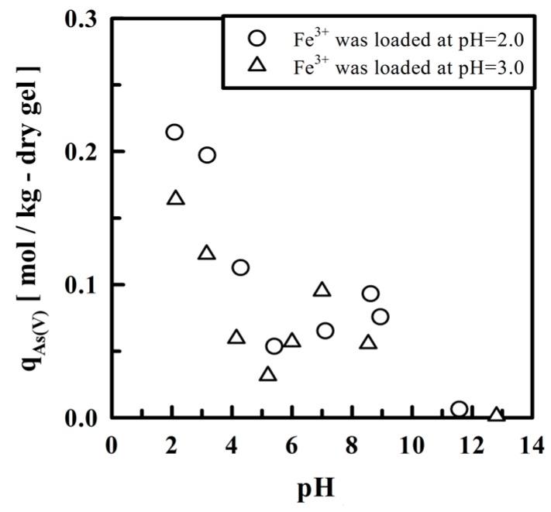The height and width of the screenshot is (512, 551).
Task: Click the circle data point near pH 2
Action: coord(174,132)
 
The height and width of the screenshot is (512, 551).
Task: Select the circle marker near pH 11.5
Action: coord(459,409)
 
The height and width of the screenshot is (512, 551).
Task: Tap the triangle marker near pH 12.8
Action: coord(497,414)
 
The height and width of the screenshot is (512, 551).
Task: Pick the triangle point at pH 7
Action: coord(322,290)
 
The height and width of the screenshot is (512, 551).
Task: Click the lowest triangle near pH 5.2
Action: coord(268,374)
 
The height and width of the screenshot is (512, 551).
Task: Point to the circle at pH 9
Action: coord(380,317)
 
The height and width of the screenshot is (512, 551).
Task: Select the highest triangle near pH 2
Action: coord(176,198)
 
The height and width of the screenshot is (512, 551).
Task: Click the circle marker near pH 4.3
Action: coord(240,267)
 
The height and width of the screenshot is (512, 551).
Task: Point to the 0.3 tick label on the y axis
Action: coord(81,19)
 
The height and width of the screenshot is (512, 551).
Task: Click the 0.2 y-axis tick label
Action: coord(81,152)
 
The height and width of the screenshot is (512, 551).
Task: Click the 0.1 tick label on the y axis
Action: coord(81,285)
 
